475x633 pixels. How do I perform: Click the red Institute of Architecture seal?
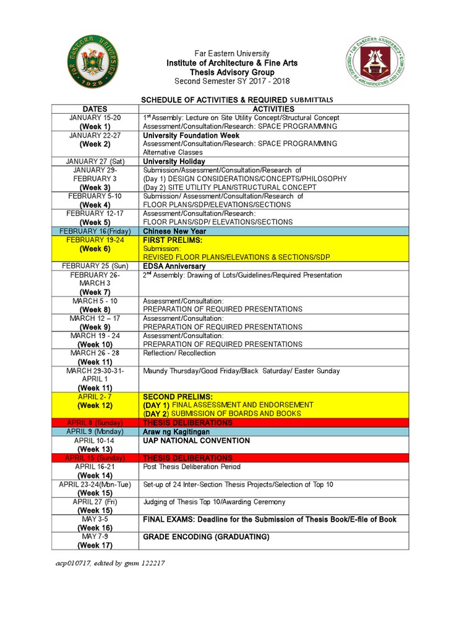pos(375,64)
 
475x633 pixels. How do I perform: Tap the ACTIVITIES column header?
pos(273,109)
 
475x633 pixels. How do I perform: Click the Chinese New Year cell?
pos(174,231)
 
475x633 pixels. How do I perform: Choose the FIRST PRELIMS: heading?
pos(173,239)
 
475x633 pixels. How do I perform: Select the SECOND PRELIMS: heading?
pos(178,396)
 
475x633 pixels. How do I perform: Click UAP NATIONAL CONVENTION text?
pos(196,441)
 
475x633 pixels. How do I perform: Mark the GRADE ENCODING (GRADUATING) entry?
pos(206,537)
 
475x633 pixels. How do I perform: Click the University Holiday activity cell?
pos(174,161)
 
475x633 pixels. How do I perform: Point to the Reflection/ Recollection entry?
pos(179,354)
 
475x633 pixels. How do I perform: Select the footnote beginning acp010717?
pos(108,563)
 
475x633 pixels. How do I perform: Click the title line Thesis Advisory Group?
pos(232,72)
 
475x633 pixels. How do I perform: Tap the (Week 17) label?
pos(95,545)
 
